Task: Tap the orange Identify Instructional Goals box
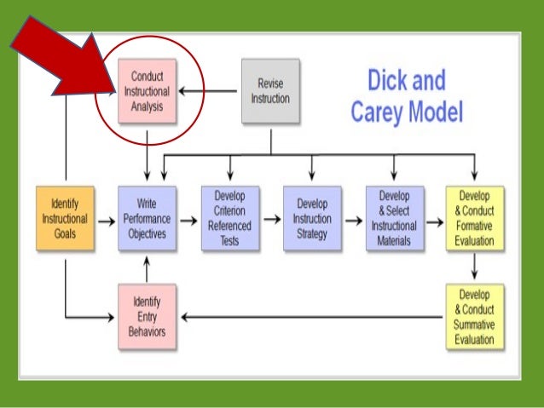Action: (x=64, y=219)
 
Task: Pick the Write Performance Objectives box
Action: (x=148, y=219)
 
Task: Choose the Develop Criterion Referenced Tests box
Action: (x=230, y=219)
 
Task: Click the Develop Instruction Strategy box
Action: (x=312, y=219)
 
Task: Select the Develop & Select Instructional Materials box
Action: (x=394, y=219)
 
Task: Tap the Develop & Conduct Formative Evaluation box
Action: (x=475, y=219)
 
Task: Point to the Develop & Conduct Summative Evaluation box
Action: (x=475, y=316)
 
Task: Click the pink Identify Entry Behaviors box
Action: (x=148, y=316)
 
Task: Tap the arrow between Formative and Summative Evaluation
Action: (x=475, y=267)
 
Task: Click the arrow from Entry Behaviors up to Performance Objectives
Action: (x=148, y=271)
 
